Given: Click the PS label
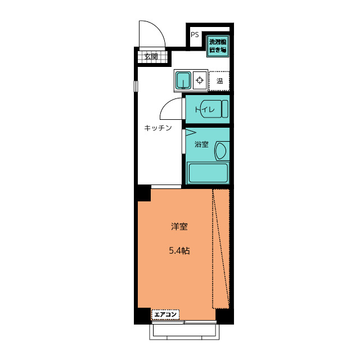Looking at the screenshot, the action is coord(195,35).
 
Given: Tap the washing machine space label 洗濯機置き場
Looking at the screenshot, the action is coord(218,46).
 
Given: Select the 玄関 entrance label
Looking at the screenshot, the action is coord(151,56).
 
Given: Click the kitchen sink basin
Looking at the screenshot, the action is coord(183,80).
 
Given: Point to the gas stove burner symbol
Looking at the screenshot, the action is coord(200,80).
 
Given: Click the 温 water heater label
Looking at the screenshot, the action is coord(219,81).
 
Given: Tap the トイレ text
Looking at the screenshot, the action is coord(205,110).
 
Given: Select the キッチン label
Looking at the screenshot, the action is coord(158,128).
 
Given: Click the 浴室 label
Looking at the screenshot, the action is coord(201,144).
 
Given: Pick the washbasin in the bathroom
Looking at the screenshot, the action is coord(220,151).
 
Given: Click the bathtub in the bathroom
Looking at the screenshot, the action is coord(208,173).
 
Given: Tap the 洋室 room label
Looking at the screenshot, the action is coord(179,227).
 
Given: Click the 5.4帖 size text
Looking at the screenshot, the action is coord(179,251).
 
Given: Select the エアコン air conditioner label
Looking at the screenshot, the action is coord(165,314).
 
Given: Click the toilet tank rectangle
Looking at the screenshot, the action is coord(225,109).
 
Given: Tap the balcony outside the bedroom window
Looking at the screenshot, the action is coord(184,332).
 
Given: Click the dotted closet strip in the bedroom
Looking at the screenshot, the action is coord(221,249).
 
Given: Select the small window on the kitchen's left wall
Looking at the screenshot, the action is coord(136,86).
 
